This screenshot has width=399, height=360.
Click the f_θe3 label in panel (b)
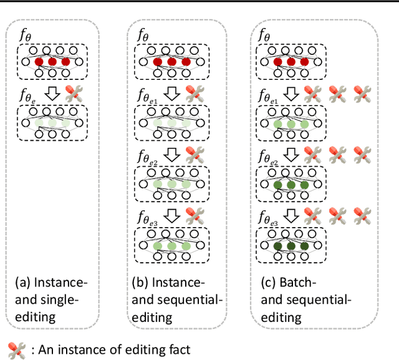tap(148, 216)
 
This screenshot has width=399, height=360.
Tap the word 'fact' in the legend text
tap(178, 350)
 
